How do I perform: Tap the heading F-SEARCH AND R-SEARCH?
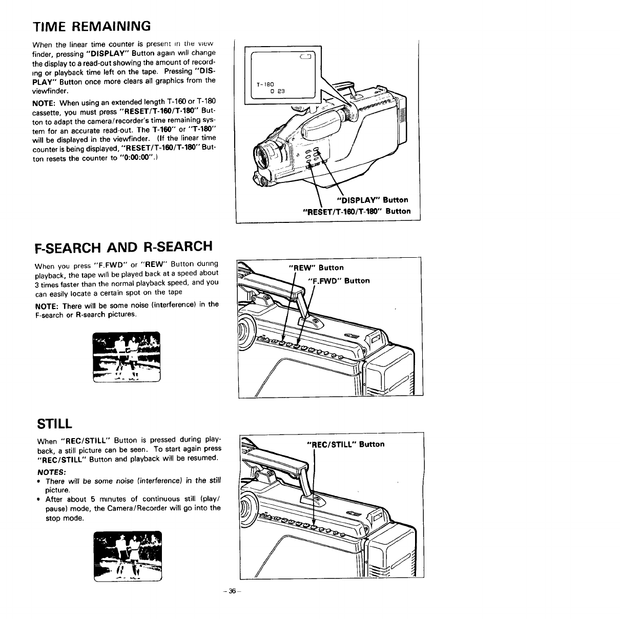click(x=123, y=246)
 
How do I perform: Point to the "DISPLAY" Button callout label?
click(x=372, y=200)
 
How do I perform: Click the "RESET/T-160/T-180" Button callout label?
click(x=357, y=211)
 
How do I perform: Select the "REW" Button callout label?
click(x=317, y=267)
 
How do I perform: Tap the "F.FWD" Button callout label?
click(x=338, y=281)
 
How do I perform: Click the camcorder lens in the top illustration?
click(x=266, y=156)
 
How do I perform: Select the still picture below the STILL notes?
click(x=128, y=556)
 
